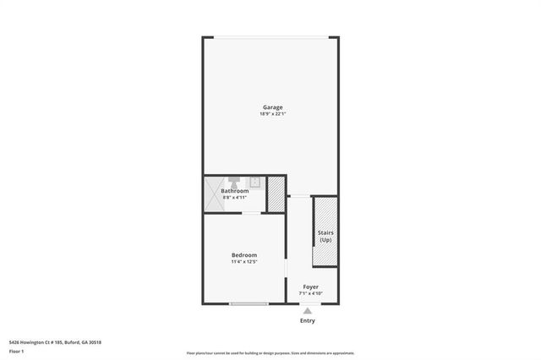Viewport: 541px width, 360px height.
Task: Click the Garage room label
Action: [x=272, y=107]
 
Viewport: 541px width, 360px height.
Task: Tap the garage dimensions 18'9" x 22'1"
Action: [x=272, y=114]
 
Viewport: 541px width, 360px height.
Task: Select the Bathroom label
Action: [x=235, y=191]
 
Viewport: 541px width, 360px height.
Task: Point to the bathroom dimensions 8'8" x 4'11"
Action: [x=235, y=198]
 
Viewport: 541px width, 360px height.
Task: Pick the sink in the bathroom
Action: [x=254, y=181]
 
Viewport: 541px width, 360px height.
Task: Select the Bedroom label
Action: [x=244, y=255]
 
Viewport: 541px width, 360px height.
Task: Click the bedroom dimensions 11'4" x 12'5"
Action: [x=244, y=262]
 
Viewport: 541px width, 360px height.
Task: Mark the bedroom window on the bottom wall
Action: [x=249, y=304]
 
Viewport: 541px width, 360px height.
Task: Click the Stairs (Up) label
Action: [x=325, y=236]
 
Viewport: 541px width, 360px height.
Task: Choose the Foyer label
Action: [x=311, y=287]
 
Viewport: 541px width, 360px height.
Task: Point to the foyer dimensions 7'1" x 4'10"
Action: [x=311, y=294]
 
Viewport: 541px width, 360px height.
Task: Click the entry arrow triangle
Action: [x=307, y=311]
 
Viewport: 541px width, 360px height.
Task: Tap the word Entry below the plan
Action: [x=307, y=321]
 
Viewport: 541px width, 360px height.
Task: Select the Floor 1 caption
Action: [x=17, y=351]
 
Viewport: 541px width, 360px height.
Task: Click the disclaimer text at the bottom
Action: [x=270, y=353]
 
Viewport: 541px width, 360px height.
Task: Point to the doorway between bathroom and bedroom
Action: [x=251, y=213]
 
